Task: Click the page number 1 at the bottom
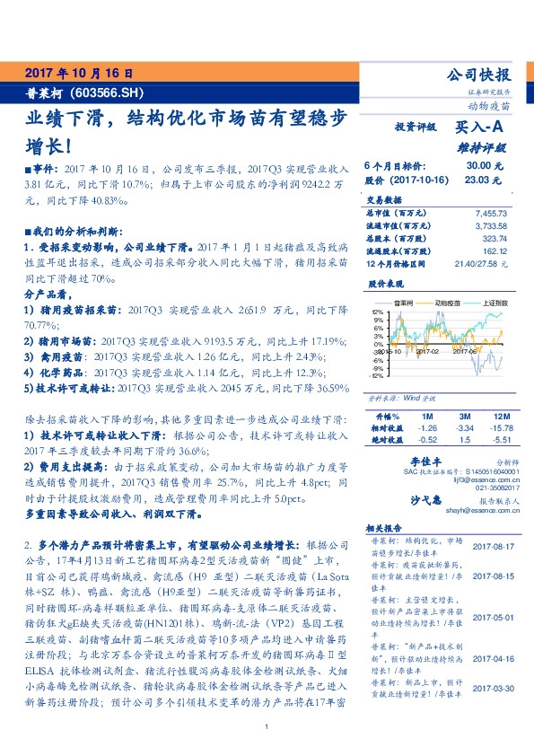pos(267,726)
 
